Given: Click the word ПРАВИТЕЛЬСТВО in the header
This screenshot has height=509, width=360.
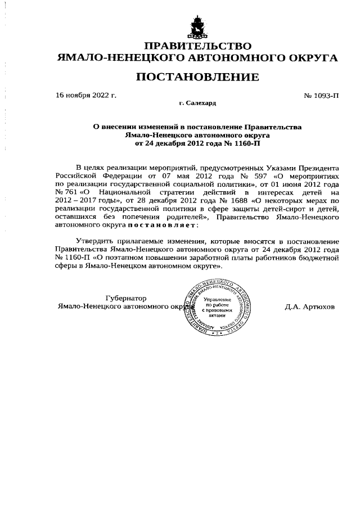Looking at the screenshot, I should [x=197, y=46].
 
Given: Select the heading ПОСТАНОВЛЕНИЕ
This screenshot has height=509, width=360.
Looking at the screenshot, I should [x=197, y=76].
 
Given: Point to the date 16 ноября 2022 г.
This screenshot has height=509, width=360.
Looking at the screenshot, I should [x=86, y=95].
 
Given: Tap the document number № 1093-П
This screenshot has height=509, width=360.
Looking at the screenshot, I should [x=321, y=95].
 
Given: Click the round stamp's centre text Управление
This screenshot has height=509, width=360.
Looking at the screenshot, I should [x=217, y=299].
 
